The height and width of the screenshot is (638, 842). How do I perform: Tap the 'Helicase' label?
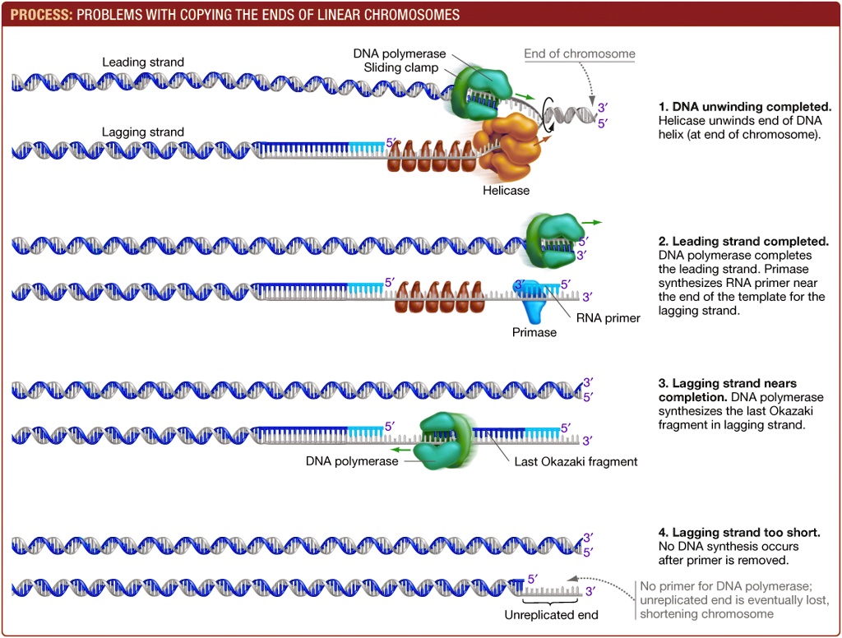click(506, 190)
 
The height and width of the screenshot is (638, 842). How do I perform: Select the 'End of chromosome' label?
click(580, 54)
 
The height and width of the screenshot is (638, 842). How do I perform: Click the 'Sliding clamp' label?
click(401, 67)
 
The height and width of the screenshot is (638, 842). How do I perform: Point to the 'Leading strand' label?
click(143, 62)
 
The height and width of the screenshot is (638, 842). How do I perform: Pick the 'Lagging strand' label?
click(143, 132)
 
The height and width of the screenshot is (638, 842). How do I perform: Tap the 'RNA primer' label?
click(608, 318)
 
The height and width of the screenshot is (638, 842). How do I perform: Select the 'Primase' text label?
click(534, 332)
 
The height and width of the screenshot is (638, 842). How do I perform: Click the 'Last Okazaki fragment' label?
click(576, 461)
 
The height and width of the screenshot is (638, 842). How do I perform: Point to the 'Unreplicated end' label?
click(551, 615)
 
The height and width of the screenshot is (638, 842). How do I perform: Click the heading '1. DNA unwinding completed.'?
click(745, 107)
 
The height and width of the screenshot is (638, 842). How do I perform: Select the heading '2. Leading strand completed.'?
click(743, 242)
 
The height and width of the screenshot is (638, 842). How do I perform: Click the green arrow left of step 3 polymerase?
click(400, 450)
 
